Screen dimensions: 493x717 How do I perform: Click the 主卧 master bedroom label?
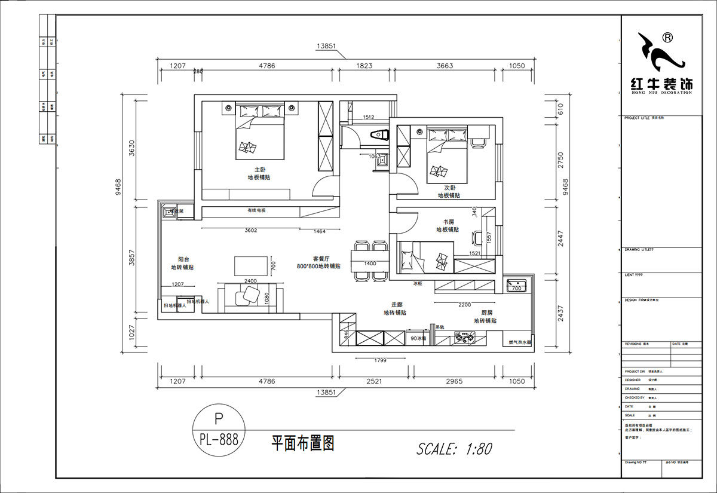pyautogui.click(x=259, y=169)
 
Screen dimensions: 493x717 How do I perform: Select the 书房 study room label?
pyautogui.click(x=448, y=221)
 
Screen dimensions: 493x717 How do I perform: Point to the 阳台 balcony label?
pyautogui.click(x=184, y=259)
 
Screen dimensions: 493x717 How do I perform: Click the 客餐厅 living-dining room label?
pyautogui.click(x=321, y=259)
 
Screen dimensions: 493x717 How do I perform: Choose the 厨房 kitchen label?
pyautogui.click(x=487, y=313)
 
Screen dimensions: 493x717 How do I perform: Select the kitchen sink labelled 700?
pyautogui.click(x=515, y=285)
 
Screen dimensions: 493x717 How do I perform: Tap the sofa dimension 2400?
pyautogui.click(x=250, y=281)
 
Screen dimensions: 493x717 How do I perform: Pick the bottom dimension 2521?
pyautogui.click(x=374, y=381)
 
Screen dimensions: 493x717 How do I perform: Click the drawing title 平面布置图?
pyautogui.click(x=302, y=443)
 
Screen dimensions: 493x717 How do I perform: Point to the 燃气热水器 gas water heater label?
pyautogui.click(x=519, y=343)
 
